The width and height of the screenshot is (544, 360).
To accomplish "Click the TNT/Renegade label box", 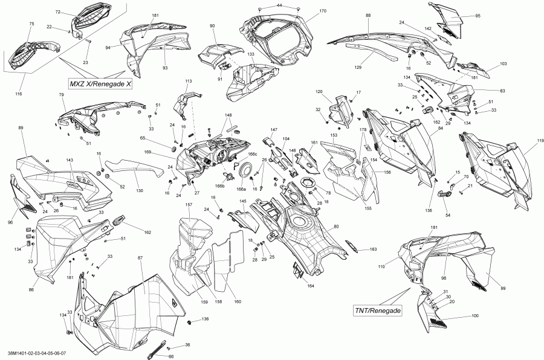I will click(x=378, y=310).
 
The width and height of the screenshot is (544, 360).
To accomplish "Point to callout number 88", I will click(x=368, y=14).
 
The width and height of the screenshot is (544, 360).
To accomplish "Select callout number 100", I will click(x=474, y=316).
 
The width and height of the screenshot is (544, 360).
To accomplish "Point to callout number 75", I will click(x=31, y=23).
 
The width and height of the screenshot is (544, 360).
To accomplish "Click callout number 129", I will click(x=375, y=67).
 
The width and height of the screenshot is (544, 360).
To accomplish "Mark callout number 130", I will click(x=140, y=191).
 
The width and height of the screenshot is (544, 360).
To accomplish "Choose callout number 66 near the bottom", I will click(x=162, y=356).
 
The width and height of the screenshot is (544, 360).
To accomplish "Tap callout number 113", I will click(x=188, y=81).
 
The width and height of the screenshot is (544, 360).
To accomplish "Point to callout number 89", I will click(x=21, y=128).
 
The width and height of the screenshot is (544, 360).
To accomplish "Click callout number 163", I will click(x=373, y=249).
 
